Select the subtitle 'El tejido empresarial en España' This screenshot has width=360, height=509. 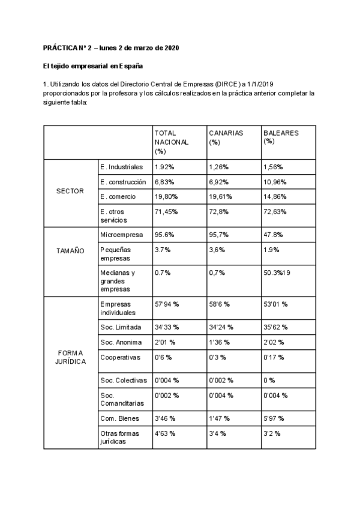click(92, 66)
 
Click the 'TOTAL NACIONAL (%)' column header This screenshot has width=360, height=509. click(172, 142)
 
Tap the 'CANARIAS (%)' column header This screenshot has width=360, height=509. click(226, 137)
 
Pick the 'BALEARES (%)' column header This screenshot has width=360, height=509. click(280, 137)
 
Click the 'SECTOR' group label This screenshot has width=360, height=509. click(70, 191)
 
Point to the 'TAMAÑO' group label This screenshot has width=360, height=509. click(70, 251)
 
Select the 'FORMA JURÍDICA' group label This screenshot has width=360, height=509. click(70, 357)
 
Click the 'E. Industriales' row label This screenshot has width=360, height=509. click(122, 166)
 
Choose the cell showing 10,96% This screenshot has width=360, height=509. click(275, 181)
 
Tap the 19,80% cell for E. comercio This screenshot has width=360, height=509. click(167, 196)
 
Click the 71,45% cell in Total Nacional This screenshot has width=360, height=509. click(167, 211)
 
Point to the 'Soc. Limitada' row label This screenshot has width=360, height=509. click(121, 327)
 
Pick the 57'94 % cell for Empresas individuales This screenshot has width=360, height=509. click(169, 304)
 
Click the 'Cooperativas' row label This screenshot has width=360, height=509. click(121, 357)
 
